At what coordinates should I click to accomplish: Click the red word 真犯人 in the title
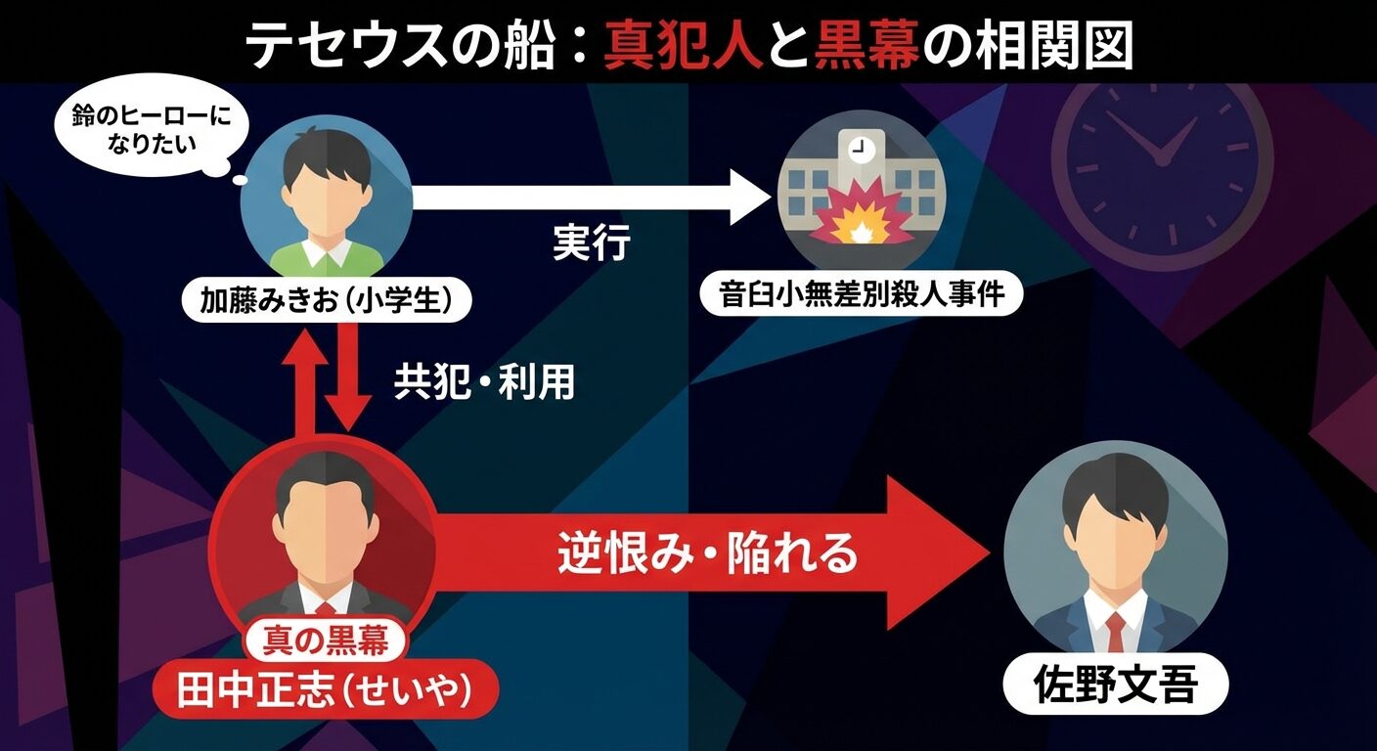point(683,46)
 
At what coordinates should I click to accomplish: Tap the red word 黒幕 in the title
point(866,46)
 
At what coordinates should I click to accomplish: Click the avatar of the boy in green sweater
point(326,200)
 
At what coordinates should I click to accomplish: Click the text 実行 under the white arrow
point(592,243)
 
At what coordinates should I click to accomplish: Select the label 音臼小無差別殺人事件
point(862,294)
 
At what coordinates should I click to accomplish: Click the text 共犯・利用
point(485,383)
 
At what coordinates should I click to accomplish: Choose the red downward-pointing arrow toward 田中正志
point(348,381)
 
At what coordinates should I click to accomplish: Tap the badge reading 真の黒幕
point(325,641)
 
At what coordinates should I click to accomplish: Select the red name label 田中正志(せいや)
point(325,691)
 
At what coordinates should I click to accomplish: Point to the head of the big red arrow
point(939,553)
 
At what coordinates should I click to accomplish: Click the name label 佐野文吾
point(1115,685)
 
